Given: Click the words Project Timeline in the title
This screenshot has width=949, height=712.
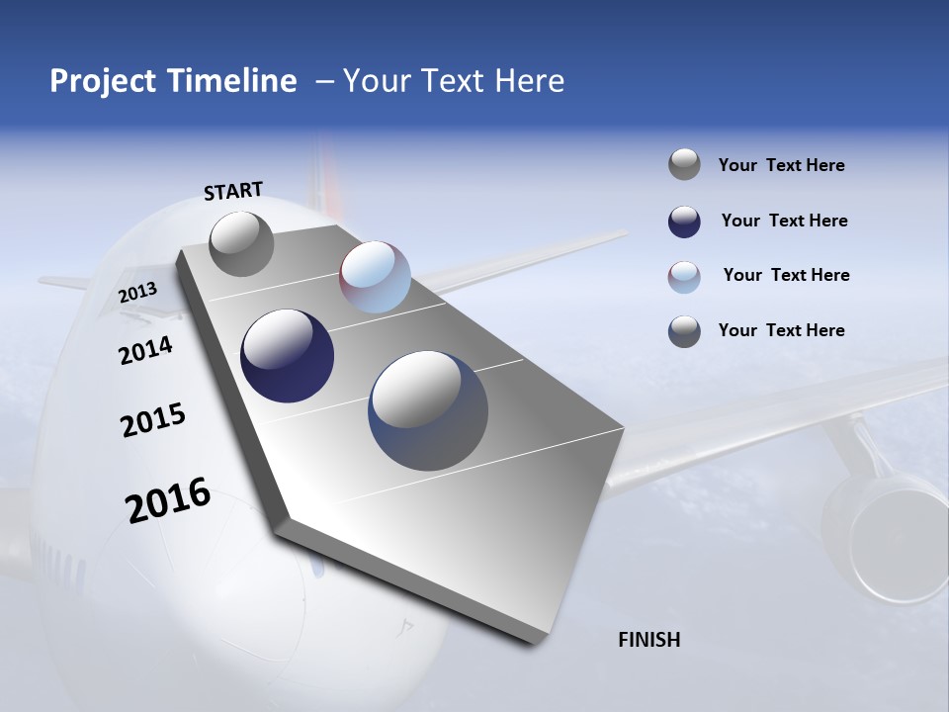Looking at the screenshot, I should [173, 81].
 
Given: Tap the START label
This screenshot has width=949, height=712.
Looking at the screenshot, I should [233, 191].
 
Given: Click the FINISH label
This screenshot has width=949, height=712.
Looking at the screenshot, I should [649, 640].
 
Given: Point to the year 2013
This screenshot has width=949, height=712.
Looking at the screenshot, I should [137, 293].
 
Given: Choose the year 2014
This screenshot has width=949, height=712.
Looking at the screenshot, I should [145, 350].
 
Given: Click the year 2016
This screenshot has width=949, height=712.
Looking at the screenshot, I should [168, 499].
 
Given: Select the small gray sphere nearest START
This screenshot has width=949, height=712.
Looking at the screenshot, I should [242, 243].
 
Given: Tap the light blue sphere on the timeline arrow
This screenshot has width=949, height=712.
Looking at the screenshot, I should [375, 277].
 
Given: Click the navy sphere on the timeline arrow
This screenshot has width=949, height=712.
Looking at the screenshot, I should [288, 356].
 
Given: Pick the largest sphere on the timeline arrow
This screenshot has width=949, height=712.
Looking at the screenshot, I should [428, 410].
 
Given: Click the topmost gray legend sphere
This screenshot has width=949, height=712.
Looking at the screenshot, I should [684, 164].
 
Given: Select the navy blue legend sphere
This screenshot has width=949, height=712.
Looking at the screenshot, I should [684, 222].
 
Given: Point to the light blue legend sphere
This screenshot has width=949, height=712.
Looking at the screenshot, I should [684, 277].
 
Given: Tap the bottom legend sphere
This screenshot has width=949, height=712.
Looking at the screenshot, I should [684, 331].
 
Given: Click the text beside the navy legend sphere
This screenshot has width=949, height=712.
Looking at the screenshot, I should [784, 221].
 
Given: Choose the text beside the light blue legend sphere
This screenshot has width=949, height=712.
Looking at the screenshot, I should [786, 275].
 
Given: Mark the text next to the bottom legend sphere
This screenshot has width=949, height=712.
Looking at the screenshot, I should [781, 330].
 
